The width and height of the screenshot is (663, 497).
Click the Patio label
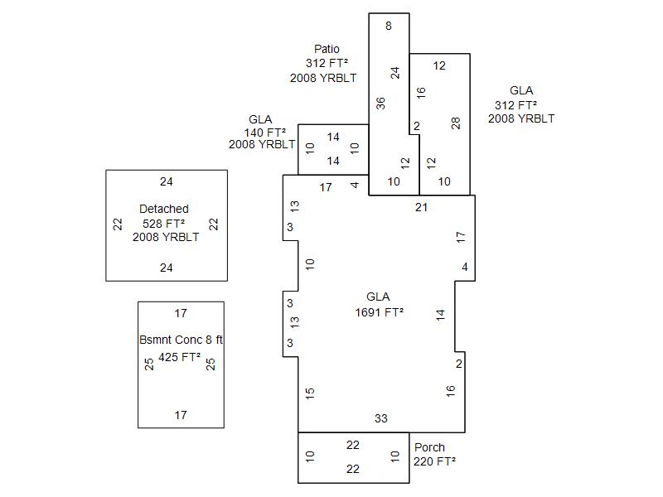[x=327, y=49]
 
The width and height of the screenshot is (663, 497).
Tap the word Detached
[x=164, y=209]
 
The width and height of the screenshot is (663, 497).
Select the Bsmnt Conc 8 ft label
[x=181, y=340]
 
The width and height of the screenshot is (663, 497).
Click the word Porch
[x=429, y=447]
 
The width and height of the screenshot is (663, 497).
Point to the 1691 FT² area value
[x=380, y=312]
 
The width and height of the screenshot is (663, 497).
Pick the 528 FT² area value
[x=164, y=223]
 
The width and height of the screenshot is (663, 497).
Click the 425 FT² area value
[x=180, y=358]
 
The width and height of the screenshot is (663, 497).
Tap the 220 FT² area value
[x=435, y=461]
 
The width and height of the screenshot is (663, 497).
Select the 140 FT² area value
[x=265, y=132]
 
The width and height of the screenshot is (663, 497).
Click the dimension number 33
[x=381, y=418]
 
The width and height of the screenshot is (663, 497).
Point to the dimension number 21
[x=421, y=207]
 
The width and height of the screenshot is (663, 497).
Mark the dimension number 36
[x=380, y=104]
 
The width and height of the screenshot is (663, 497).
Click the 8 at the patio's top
[x=389, y=26]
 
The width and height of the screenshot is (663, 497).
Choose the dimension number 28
[x=455, y=123]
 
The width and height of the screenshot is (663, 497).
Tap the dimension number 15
[x=310, y=393]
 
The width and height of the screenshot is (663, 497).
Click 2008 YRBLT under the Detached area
[x=166, y=237]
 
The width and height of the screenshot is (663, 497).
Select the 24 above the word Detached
[x=167, y=181]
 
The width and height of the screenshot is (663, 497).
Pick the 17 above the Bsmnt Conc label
[x=181, y=313]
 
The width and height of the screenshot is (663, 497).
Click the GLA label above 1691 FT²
[x=378, y=297]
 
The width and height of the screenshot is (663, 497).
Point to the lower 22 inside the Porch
[x=353, y=469]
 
